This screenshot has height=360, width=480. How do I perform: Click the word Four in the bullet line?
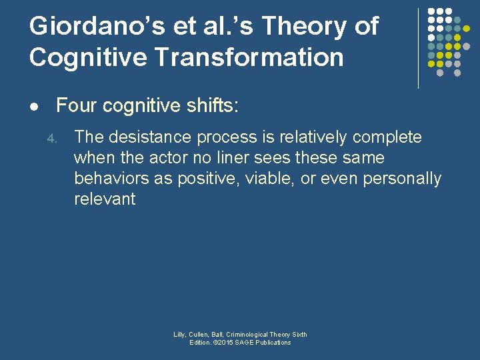click(x=74, y=105)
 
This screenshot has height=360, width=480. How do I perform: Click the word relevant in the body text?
click(x=105, y=199)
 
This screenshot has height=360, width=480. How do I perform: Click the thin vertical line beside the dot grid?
click(x=418, y=48)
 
